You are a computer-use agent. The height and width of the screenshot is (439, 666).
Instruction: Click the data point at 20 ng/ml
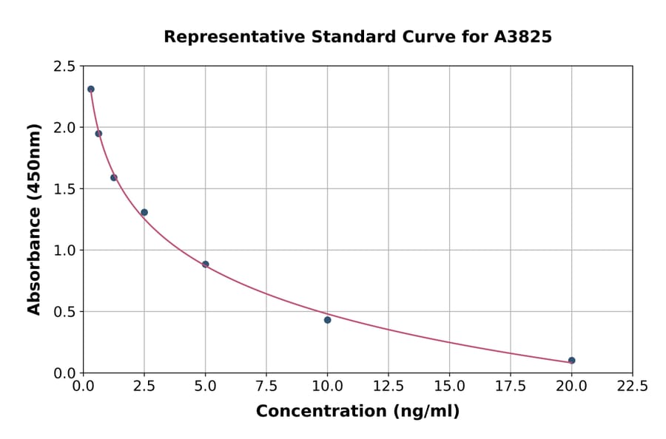(x=571, y=361)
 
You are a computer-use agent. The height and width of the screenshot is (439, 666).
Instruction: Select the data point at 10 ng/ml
(x=327, y=320)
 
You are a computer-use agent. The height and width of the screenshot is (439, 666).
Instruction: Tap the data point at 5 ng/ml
(x=205, y=264)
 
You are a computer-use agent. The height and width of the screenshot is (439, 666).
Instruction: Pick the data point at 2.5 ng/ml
(x=144, y=212)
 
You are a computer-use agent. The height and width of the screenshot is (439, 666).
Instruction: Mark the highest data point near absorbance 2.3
(x=91, y=89)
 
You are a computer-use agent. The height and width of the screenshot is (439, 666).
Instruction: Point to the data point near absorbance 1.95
(x=98, y=134)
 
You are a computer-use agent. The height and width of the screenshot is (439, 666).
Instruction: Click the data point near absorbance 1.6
(x=114, y=177)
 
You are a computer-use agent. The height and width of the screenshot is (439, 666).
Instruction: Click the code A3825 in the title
(x=522, y=36)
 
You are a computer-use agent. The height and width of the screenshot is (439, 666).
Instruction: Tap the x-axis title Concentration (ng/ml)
(x=357, y=412)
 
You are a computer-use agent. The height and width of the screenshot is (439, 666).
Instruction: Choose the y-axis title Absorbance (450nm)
(x=34, y=219)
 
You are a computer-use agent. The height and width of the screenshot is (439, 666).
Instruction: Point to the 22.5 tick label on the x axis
(x=632, y=387)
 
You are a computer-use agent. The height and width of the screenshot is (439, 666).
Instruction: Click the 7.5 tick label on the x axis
(x=266, y=387)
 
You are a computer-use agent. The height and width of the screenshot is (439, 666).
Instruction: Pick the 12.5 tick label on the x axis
(x=388, y=387)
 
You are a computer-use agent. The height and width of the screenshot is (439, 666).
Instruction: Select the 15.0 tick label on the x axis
(x=449, y=387)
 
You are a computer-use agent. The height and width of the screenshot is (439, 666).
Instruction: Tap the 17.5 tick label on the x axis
(x=510, y=387)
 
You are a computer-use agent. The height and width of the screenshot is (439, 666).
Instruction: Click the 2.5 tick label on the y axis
(x=64, y=67)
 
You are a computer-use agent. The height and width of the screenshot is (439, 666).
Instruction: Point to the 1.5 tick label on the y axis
(x=64, y=189)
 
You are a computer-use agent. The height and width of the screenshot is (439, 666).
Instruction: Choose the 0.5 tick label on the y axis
(x=64, y=312)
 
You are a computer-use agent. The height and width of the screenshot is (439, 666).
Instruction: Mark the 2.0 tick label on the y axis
(x=64, y=128)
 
